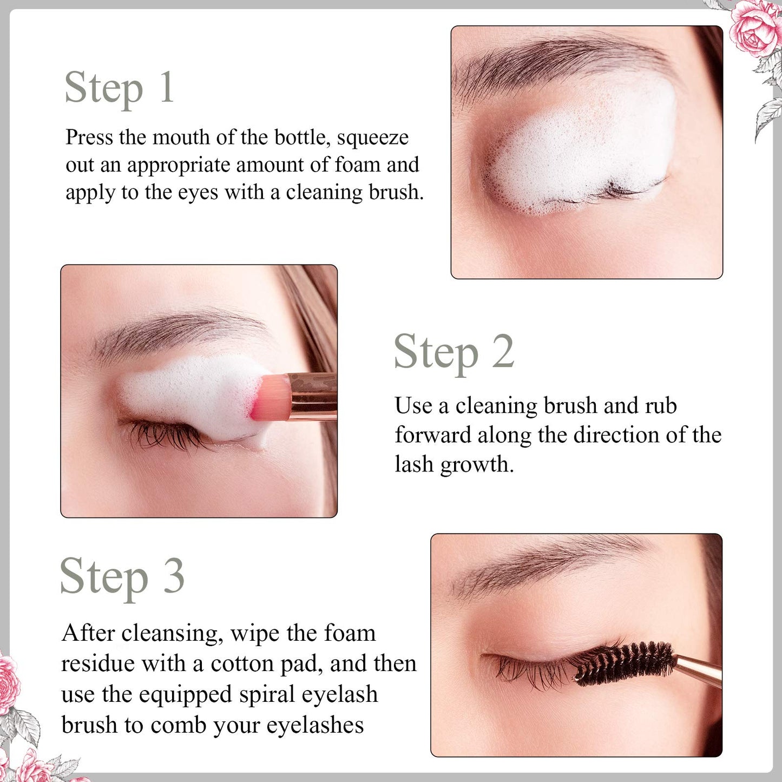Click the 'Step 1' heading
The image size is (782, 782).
(119, 88)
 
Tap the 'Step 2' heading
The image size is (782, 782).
(454, 352)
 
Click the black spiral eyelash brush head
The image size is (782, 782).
(625, 663)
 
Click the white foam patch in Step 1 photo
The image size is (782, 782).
(584, 146)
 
